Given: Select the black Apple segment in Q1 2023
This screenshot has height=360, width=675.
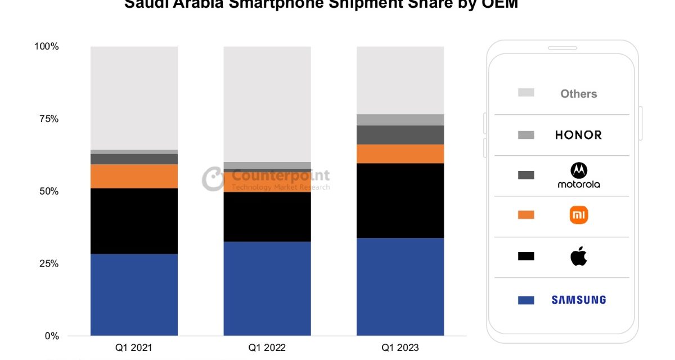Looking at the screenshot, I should point(400,200).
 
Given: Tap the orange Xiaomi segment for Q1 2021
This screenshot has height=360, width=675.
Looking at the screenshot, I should point(134,176).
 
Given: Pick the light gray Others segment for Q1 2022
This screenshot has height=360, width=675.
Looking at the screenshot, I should point(267,104).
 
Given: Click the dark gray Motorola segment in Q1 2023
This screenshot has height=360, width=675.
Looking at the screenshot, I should point(400,134).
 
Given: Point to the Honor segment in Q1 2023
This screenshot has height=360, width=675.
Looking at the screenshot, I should point(400,119).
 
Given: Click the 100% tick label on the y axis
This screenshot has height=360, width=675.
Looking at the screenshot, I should point(47,47).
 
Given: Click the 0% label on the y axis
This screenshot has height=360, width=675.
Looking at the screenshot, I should point(51,336).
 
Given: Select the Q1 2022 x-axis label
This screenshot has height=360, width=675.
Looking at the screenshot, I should point(267,348).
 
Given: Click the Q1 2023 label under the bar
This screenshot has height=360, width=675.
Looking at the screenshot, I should point(400,348).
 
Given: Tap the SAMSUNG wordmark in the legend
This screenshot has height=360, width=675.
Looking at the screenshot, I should point(578,300).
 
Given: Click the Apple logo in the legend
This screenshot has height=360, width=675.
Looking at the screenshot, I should point(578,257).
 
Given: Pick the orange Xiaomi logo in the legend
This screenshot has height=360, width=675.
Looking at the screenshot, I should point(578,215).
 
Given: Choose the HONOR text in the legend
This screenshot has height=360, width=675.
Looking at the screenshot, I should point(578,135).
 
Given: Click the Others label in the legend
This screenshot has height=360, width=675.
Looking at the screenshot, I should point(578,94).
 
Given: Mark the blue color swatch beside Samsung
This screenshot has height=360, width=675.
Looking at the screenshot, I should point(526,300).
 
